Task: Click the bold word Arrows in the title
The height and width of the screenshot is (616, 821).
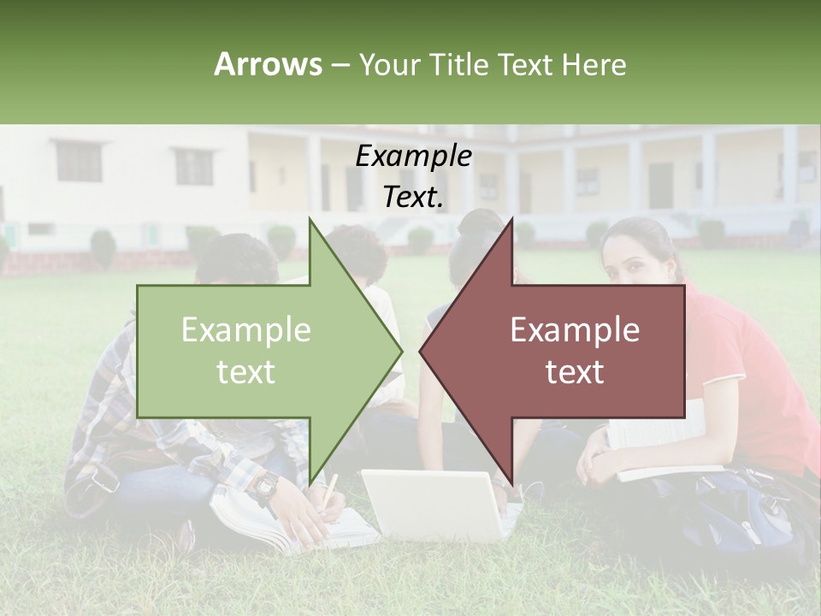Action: (x=268, y=64)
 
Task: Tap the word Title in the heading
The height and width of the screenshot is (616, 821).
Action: (x=458, y=64)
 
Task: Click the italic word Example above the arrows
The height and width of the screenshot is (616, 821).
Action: (x=413, y=157)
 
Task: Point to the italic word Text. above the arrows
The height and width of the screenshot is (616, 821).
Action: (x=413, y=197)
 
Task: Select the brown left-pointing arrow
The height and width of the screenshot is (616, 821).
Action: (x=564, y=351)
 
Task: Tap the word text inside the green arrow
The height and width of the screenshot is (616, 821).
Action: (x=245, y=372)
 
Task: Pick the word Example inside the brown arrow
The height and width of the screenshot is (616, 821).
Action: (x=575, y=329)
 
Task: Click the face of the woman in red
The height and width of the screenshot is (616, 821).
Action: (x=633, y=257)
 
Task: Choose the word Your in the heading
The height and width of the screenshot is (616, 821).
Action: (x=387, y=64)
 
